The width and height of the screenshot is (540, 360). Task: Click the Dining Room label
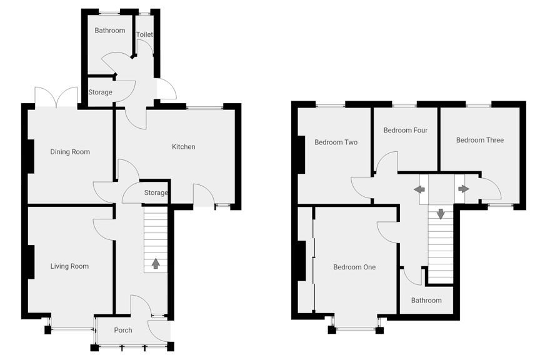click(x=70, y=152)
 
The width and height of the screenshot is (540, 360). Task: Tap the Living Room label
click(x=69, y=266)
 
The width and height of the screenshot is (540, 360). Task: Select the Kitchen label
click(x=184, y=147)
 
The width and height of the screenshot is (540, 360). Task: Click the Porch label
click(x=123, y=330)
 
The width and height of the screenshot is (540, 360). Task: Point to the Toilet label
click(x=144, y=35)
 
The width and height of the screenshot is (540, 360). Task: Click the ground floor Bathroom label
click(x=109, y=31)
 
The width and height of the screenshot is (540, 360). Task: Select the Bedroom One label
click(x=354, y=267)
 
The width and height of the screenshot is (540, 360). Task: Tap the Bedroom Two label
click(x=336, y=142)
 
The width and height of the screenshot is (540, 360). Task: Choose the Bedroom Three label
click(x=479, y=140)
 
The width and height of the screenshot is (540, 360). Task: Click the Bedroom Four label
click(x=405, y=131)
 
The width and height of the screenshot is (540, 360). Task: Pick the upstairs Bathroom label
click(x=426, y=301)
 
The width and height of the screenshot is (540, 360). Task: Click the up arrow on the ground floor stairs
click(x=155, y=263)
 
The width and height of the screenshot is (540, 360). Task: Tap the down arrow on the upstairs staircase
click(x=441, y=214)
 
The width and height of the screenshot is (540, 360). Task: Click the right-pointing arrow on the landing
click(x=463, y=189)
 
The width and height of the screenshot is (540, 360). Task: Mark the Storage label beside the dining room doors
click(x=100, y=92)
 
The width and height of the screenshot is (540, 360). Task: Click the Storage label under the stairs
click(x=156, y=193)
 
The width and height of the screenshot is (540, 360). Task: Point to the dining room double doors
click(x=56, y=97)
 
